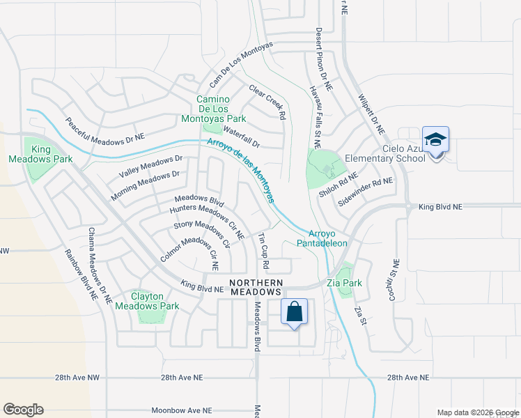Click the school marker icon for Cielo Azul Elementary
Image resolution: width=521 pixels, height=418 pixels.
pos(435,140)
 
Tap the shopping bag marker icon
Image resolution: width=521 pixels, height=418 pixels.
pos(295,311)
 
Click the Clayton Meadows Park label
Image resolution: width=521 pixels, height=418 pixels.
pos(147,301)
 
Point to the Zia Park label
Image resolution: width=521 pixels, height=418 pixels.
pos(344,284)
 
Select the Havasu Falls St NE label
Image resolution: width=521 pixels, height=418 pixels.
pos(315,116)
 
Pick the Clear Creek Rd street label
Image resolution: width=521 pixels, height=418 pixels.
pos(268,102)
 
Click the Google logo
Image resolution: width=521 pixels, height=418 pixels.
pos(23,410)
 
